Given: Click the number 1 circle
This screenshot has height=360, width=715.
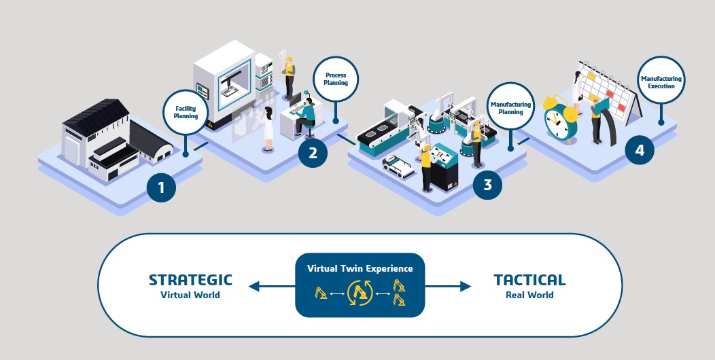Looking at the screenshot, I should tap(161, 187).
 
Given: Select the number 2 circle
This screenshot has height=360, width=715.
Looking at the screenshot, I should tap(313, 152).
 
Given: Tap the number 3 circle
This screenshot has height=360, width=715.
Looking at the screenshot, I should tap(487, 184).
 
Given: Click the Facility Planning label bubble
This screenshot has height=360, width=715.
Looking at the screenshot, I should tap(186, 111).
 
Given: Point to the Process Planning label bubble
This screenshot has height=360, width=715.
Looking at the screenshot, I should tap(336, 79).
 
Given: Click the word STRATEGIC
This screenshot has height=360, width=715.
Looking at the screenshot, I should tap(190, 280).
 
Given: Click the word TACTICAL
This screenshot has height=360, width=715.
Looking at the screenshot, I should tap(529, 280).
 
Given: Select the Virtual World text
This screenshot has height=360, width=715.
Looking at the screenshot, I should tap(190, 295).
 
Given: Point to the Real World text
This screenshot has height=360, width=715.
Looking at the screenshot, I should tap(529, 295).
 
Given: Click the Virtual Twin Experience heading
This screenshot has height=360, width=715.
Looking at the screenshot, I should tap(360, 268).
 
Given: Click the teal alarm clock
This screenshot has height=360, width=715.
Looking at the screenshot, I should tap(561, 122).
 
